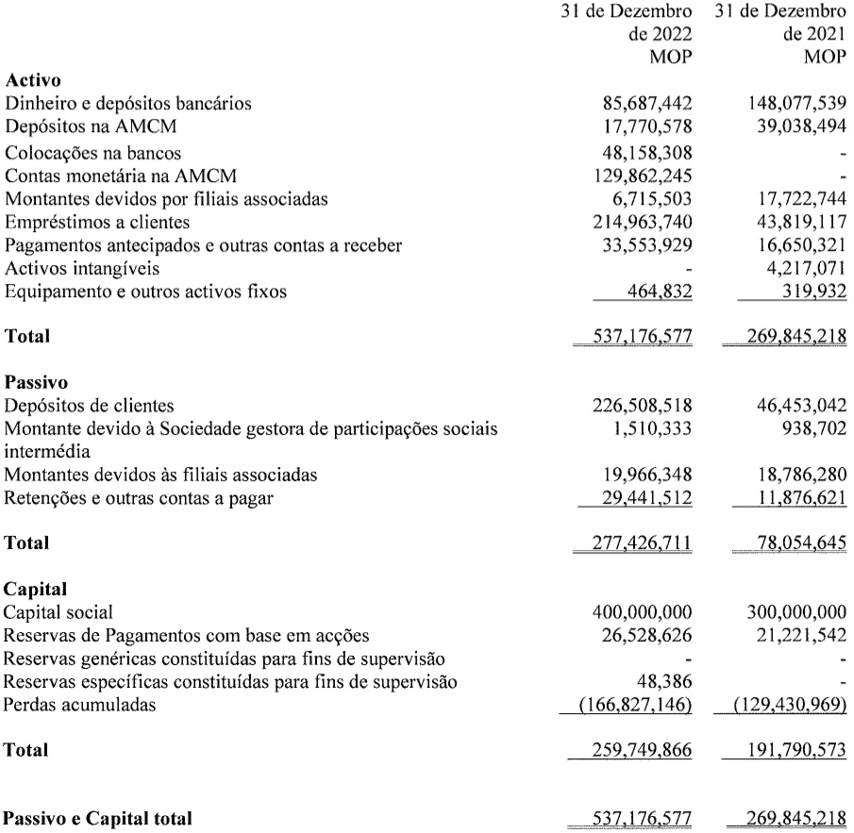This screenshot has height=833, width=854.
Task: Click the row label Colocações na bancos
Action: [x=93, y=152]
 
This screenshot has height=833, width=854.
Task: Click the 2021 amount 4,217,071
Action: [x=798, y=269]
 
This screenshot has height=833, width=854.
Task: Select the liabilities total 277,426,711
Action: [x=633, y=544]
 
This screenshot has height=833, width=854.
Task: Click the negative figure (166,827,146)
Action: [x=631, y=704]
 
